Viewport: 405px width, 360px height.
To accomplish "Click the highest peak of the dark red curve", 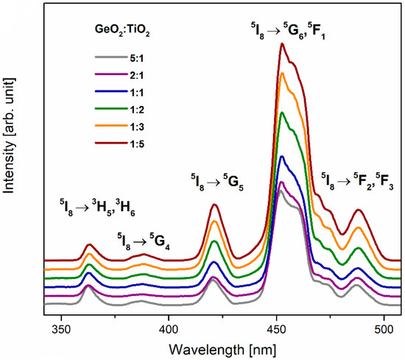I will (281, 44).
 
